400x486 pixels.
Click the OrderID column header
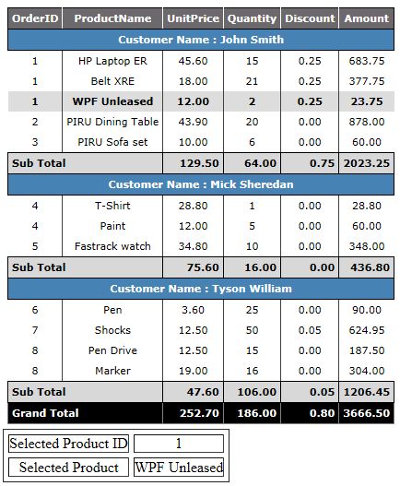click(35, 18)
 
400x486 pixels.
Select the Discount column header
click(310, 18)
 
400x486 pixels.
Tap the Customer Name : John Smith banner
click(201, 40)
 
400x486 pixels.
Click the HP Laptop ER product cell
click(112, 61)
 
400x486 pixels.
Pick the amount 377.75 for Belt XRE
click(367, 81)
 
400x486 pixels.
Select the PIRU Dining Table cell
click(112, 122)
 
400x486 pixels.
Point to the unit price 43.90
click(193, 122)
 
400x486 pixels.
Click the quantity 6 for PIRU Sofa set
click(252, 142)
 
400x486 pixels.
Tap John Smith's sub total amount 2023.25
click(367, 163)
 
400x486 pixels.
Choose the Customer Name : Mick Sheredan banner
click(201, 184)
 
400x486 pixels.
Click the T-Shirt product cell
click(112, 206)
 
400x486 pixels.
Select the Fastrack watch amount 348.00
click(367, 246)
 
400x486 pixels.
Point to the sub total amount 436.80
click(367, 267)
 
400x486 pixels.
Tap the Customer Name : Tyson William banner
click(201, 289)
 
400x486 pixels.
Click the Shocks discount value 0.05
click(310, 330)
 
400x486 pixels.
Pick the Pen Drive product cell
click(112, 350)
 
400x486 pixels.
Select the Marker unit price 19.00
click(193, 371)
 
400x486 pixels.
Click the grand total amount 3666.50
click(367, 413)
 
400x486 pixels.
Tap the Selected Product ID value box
click(179, 444)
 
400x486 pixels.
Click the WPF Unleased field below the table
click(179, 468)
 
